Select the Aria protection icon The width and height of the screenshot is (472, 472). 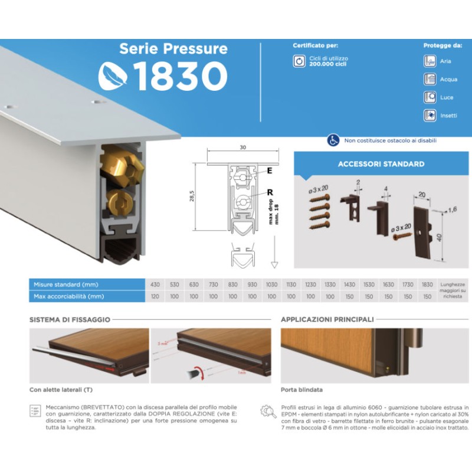point(430,61)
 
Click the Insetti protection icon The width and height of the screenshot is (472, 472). point(430,115)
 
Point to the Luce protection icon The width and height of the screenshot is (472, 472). point(430,97)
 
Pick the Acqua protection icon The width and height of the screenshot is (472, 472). point(430,79)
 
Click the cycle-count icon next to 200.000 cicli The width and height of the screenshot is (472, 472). point(299,61)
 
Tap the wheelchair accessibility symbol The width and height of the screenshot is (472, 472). point(333,140)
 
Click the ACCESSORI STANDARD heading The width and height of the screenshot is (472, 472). point(381,165)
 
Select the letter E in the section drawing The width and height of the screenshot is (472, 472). point(269,171)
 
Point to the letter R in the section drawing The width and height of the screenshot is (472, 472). point(269,192)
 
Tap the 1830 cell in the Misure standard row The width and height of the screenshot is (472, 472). point(427,285)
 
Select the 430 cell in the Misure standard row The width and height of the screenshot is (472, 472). point(155,285)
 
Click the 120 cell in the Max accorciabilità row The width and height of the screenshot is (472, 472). point(155,296)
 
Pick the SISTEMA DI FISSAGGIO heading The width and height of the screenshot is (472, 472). point(70,319)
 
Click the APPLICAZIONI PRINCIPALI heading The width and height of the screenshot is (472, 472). point(327,319)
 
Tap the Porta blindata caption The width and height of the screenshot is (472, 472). point(301,390)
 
